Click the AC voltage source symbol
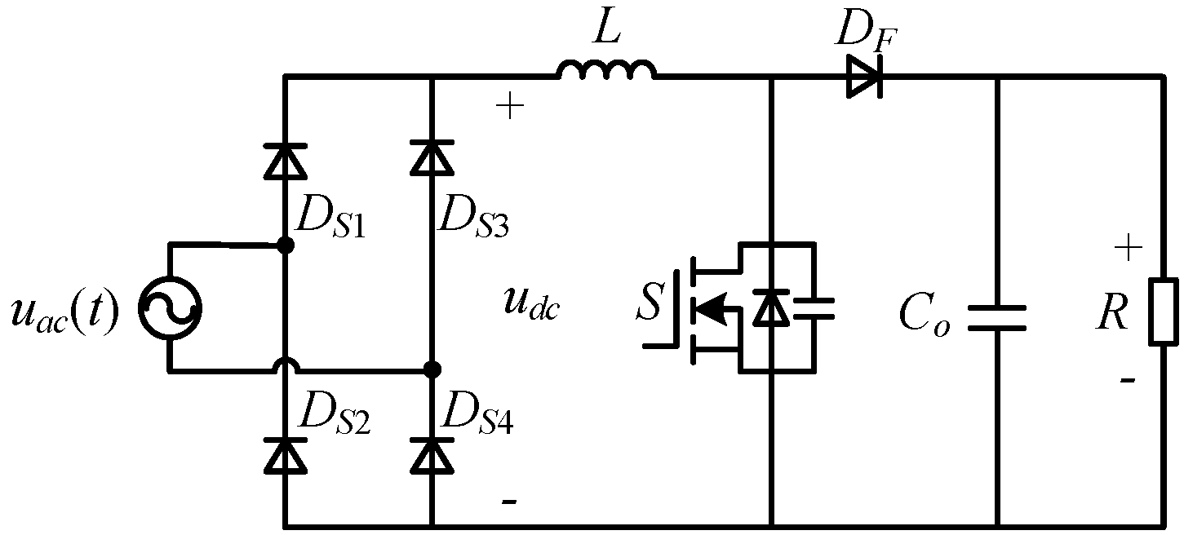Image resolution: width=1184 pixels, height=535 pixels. [169, 308]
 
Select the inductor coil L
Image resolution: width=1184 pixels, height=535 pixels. [605, 71]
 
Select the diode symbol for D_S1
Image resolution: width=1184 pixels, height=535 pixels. [285, 159]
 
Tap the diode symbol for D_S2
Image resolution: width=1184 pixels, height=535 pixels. [285, 455]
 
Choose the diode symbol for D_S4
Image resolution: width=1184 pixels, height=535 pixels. [431, 455]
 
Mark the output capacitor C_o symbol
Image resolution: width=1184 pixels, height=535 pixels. [996, 318]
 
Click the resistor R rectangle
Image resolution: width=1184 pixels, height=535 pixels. [1163, 312]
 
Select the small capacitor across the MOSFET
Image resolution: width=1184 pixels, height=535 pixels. [814, 307]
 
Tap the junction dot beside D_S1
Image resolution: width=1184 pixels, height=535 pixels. [285, 245]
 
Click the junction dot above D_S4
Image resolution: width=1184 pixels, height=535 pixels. [432, 370]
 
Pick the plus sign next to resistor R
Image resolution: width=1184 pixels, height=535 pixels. [1128, 248]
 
